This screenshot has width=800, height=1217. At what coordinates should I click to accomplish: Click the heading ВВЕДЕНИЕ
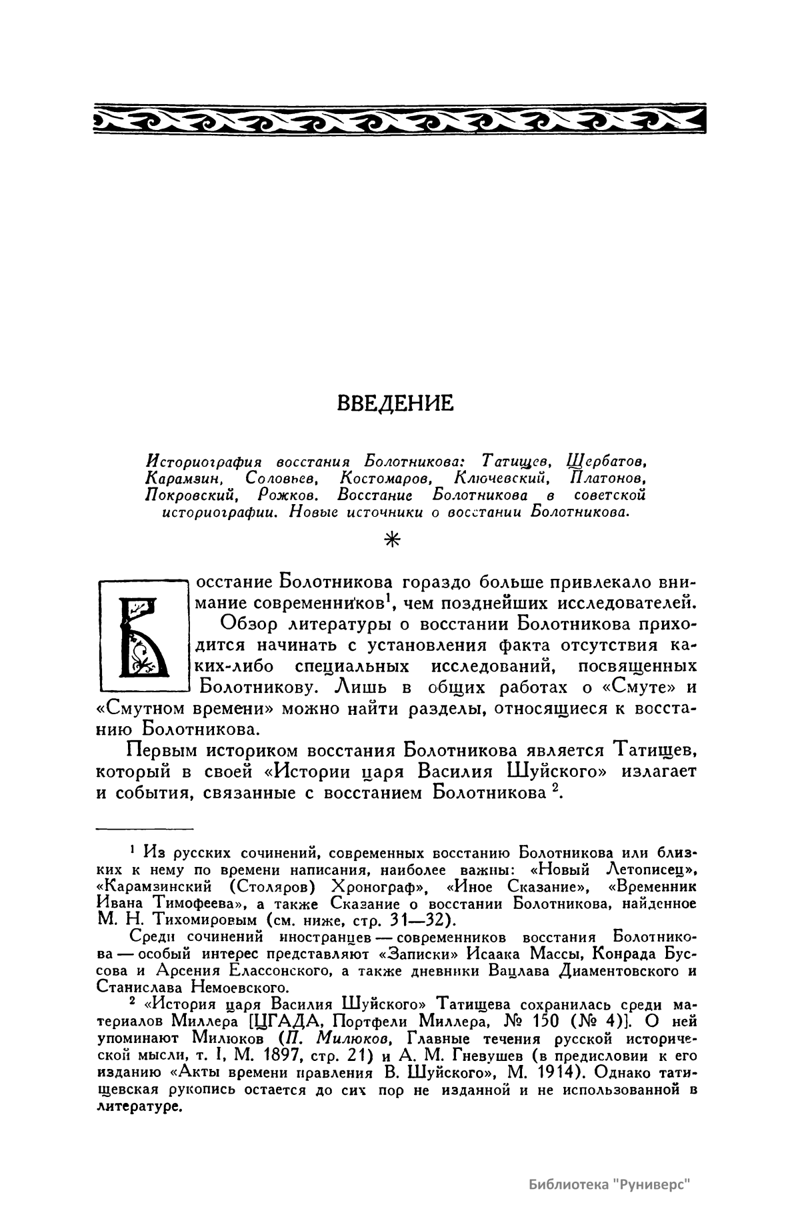click(x=395, y=403)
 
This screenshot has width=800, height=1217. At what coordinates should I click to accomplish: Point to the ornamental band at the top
click(x=400, y=119)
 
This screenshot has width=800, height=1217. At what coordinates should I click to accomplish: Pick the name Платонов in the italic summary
click(x=607, y=477)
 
